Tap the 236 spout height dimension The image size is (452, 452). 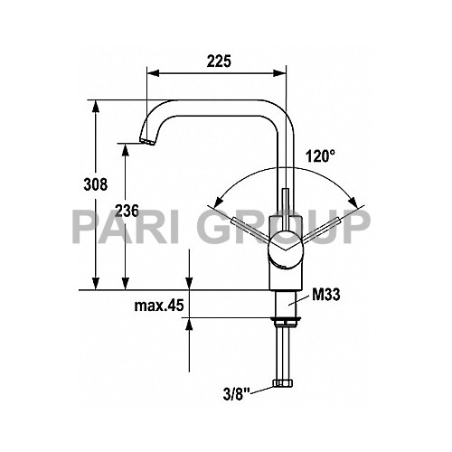coord(127,211)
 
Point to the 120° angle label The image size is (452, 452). coord(320,155)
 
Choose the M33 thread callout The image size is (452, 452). coord(325,295)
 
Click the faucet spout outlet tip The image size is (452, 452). coord(146,142)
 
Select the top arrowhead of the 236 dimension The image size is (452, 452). coord(127,147)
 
